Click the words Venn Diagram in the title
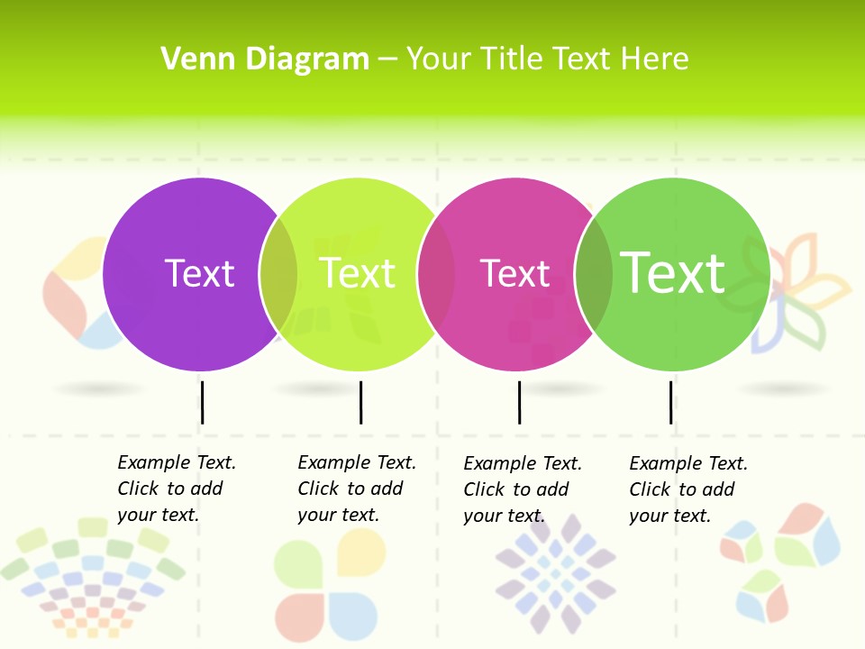265,59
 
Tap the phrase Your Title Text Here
547,59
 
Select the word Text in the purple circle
199,273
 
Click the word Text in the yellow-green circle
358,273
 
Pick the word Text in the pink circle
514,273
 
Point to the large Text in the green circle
673,272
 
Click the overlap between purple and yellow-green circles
278,274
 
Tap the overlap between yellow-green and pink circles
436,274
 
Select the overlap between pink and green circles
594,274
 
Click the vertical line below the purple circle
203,402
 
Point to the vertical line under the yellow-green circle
360,402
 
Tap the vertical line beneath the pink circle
519,402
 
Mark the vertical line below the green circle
670,402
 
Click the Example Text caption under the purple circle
177,489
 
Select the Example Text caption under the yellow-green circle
357,489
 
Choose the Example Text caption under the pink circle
523,489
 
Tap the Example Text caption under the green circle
688,489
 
